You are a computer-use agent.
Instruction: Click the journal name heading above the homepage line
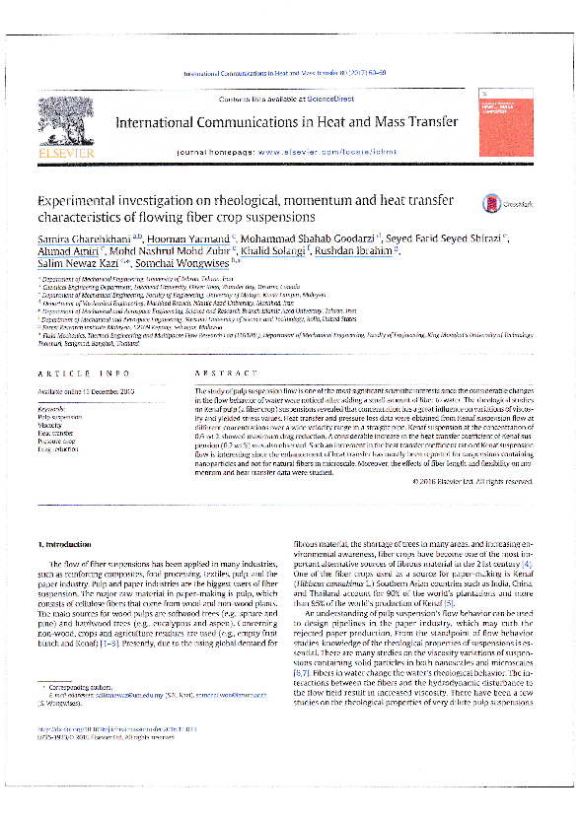[x=286, y=123]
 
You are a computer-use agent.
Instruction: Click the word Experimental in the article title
[x=76, y=199]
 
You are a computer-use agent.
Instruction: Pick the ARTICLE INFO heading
[x=74, y=373]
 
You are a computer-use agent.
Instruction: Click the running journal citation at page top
[x=286, y=75]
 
